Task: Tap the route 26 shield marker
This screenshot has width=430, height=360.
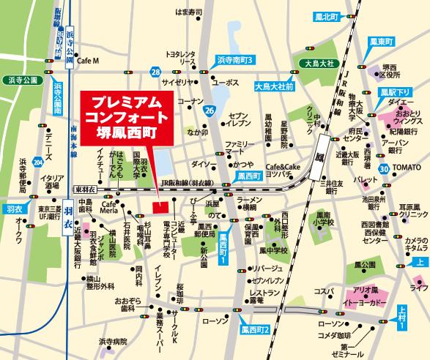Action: coord(210,110)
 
